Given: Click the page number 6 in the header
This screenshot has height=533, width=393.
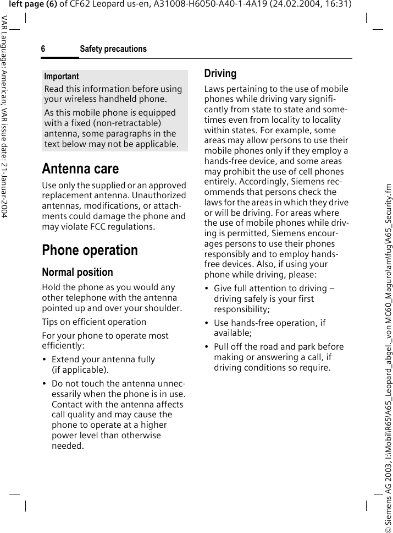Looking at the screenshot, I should [43, 50].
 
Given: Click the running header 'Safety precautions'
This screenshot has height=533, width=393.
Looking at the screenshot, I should [113, 50].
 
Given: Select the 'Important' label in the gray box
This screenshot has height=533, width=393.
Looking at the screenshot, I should [62, 77].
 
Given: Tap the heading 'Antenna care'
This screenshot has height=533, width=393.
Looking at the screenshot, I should [80, 168].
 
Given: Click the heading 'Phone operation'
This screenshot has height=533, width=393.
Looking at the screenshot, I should [90, 250].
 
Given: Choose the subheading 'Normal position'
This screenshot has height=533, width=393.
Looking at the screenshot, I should [78, 272].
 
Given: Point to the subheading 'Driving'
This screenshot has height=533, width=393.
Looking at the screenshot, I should [220, 74].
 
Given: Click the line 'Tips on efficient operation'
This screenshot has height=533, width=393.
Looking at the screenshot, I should [94, 322].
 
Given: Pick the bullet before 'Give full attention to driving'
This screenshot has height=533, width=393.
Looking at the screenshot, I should [207, 289].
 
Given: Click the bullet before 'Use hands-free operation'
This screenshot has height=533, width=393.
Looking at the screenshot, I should [207, 323].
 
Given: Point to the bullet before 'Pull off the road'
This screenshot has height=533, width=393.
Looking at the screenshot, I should [207, 347].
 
